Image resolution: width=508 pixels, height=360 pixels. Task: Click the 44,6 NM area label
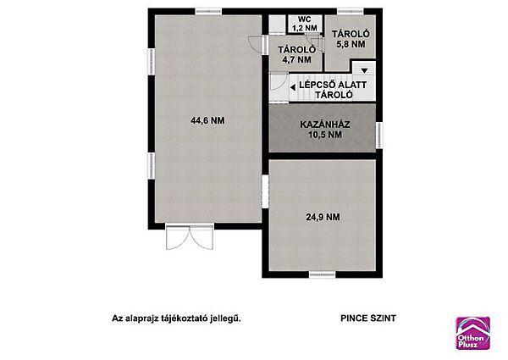tap(207, 120)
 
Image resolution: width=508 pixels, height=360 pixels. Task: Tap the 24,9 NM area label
tap(323, 217)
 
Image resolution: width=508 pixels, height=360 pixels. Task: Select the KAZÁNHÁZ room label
tap(325, 125)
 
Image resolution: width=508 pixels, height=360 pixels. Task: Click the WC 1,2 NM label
tap(305, 24)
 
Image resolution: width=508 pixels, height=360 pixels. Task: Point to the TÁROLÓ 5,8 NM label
tap(351, 39)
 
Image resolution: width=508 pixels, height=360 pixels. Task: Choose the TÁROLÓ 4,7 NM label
tap(297, 55)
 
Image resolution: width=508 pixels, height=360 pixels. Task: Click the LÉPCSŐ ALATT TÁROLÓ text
tap(333, 90)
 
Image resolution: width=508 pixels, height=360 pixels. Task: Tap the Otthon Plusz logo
tap(473, 333)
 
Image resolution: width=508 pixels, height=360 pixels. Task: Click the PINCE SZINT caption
tap(368, 318)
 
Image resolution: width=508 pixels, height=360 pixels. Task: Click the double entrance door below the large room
tap(190, 236)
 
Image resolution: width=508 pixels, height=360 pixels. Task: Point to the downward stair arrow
tap(364, 70)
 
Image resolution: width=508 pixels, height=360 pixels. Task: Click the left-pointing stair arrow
tap(293, 87)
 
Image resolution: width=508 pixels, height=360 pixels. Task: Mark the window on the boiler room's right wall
tap(379, 136)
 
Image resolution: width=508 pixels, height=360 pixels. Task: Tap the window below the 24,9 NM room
tap(322, 274)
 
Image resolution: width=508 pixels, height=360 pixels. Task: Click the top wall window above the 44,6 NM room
tap(208, 12)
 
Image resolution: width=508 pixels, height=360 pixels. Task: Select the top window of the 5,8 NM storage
tap(351, 12)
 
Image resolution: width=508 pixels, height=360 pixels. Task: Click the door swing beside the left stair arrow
tap(279, 81)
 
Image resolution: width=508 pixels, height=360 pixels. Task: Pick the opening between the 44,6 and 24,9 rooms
tap(265, 191)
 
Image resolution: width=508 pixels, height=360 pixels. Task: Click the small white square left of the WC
tap(278, 24)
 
